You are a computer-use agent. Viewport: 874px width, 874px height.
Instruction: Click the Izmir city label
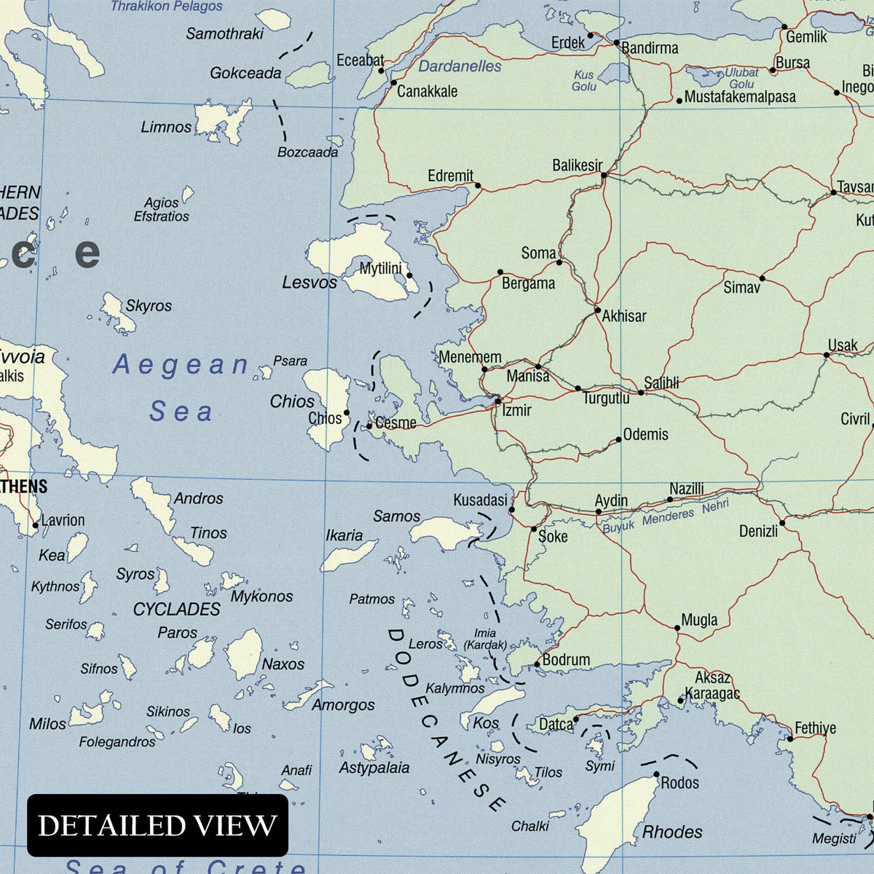(x=516, y=410)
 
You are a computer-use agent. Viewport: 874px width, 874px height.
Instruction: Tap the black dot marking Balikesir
(x=604, y=175)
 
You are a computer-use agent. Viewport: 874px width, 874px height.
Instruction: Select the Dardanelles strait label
(x=460, y=66)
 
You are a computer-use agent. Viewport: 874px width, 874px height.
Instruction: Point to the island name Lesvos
(x=310, y=282)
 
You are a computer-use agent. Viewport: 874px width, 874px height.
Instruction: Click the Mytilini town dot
(x=409, y=275)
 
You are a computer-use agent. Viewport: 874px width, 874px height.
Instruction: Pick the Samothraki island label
(x=224, y=34)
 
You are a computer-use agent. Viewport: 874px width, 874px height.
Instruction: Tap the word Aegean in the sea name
(x=181, y=364)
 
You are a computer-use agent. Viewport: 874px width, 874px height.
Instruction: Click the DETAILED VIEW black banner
(x=157, y=825)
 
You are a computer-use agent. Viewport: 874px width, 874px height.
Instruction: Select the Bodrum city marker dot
(x=538, y=664)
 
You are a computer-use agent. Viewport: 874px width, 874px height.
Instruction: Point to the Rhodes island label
(x=672, y=832)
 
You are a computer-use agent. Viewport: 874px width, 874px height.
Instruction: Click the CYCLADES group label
(x=176, y=609)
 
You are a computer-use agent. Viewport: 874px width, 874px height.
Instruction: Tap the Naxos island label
(x=283, y=664)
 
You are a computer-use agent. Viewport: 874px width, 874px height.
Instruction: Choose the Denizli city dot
(x=782, y=522)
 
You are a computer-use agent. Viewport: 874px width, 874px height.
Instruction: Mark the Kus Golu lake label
(x=584, y=81)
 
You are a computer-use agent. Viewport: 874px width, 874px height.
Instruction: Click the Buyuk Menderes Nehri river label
(x=665, y=516)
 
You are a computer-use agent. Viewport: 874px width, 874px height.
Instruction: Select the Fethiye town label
(x=815, y=728)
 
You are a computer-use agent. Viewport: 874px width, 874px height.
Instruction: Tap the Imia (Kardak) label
(x=485, y=639)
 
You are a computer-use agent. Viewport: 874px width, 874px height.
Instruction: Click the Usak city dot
(x=827, y=355)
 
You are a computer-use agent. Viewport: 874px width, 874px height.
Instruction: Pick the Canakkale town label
(x=427, y=91)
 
